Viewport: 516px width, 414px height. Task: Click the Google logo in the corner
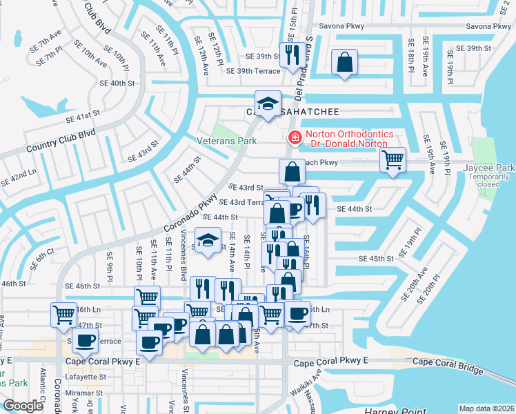pos(23,406)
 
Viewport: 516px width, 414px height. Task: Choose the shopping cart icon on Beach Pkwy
pos(393,160)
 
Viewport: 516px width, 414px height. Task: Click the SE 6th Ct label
pos(42,259)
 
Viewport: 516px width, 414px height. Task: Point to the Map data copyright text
pos(486,408)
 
